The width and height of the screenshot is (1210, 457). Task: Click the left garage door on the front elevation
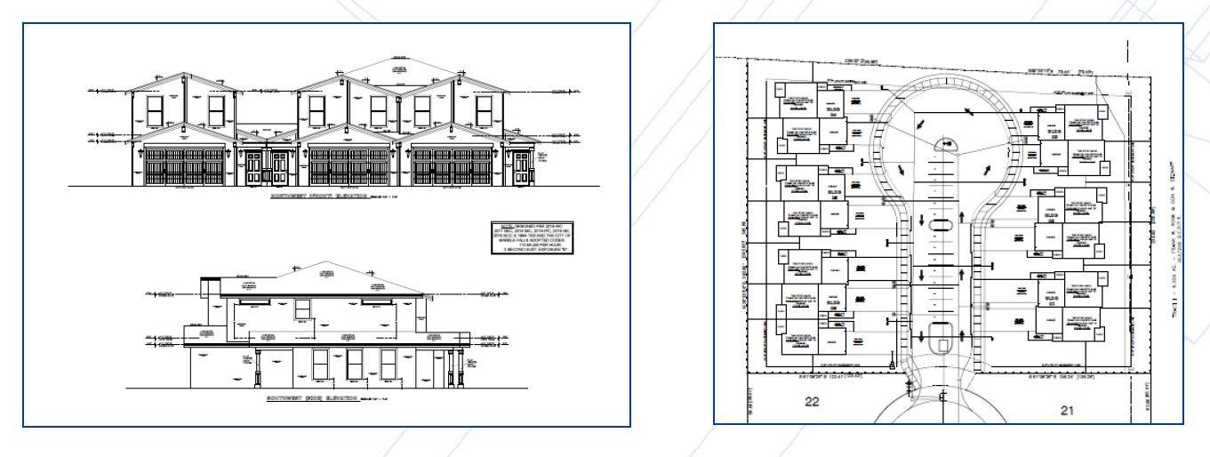[x=184, y=166]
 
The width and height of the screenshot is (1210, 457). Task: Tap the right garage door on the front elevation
[x=453, y=166]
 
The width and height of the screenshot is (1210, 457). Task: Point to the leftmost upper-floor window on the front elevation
[x=155, y=110]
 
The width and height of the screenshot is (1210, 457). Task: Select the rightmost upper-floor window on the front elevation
[x=484, y=110]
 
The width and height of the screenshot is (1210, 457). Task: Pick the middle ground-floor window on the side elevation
[x=354, y=363]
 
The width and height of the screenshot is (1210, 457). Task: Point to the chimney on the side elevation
[x=209, y=286]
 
